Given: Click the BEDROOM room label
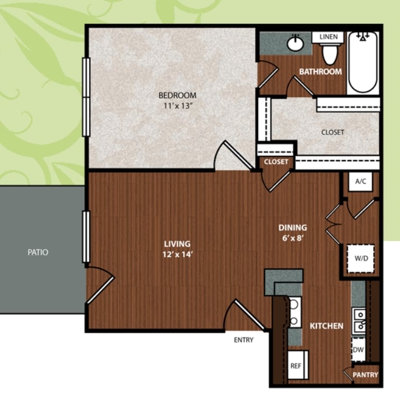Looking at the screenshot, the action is [x=177, y=96].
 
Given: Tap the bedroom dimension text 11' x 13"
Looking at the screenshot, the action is [x=177, y=106].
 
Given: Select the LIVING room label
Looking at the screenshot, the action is [x=177, y=244].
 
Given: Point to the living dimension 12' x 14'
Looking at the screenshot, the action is [x=177, y=254].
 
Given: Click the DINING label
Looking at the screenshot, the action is [x=293, y=228].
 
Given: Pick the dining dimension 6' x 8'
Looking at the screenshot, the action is [x=293, y=238].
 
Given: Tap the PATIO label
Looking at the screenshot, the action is [x=38, y=252].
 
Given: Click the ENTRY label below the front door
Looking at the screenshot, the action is [x=243, y=340].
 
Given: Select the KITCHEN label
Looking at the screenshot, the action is [x=327, y=326].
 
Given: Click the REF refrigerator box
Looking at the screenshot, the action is [x=298, y=365].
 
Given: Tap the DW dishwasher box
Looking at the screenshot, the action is [x=358, y=349].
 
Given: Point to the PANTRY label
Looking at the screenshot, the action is [x=365, y=375].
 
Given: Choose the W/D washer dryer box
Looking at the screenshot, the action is [x=361, y=258].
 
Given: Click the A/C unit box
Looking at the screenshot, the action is [x=361, y=181].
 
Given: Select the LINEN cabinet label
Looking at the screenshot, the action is [x=329, y=37].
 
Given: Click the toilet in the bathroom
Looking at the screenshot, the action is [x=330, y=53].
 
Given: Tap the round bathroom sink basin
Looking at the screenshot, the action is [x=296, y=43].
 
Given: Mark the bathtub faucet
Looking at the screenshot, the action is [x=362, y=37].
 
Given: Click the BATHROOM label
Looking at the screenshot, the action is [x=320, y=71].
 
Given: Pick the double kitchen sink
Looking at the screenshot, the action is [x=359, y=321].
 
